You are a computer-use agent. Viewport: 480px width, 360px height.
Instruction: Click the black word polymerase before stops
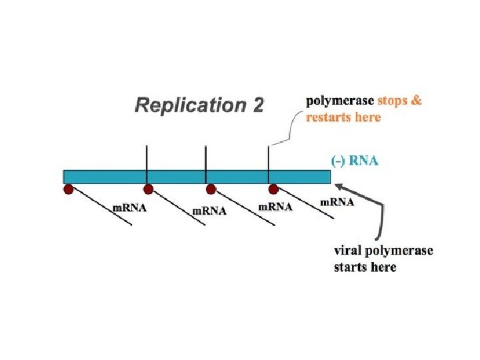339,102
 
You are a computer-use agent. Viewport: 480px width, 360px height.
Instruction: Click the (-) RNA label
354,161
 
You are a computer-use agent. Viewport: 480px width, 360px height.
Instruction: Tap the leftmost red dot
68,189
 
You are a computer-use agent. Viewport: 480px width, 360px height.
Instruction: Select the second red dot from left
149,189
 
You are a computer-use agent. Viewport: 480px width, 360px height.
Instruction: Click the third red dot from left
211,189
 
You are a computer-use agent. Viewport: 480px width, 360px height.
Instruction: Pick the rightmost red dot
273,189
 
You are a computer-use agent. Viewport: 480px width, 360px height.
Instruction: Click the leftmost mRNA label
129,207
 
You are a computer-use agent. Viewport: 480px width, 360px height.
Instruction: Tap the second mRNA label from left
209,212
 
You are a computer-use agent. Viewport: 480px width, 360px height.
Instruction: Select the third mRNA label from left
275,207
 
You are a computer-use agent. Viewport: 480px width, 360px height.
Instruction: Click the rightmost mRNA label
338,201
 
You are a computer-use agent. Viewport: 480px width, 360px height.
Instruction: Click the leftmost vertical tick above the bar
147,157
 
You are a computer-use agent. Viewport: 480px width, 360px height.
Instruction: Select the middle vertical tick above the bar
205,157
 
